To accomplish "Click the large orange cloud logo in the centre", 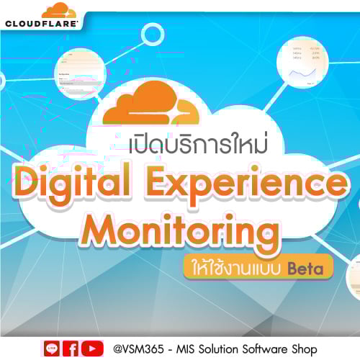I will [150, 104].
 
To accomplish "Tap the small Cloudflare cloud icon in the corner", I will [58, 11].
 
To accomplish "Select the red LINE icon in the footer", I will [52, 348].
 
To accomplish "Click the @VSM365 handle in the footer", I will [137, 349].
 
